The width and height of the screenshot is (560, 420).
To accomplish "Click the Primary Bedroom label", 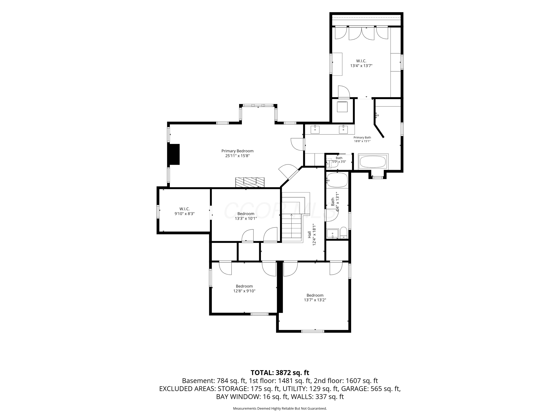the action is pos(237,151).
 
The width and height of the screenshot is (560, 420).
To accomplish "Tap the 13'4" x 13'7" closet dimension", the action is pos(361,66).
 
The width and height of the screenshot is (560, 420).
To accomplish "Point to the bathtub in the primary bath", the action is pos(373,161).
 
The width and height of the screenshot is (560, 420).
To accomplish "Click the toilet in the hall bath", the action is pos(343,233).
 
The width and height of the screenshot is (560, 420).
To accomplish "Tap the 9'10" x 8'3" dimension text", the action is pos(185,214).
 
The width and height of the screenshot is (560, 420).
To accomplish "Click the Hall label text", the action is pos(309,234).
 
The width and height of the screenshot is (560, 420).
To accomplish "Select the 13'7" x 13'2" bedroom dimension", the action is pos(315,300).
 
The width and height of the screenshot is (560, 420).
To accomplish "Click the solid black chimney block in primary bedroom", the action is pos(174,154).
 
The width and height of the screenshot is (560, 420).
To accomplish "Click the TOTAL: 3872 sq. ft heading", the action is pos(280,373).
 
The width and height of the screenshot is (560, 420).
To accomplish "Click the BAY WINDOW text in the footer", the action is pos(238,397).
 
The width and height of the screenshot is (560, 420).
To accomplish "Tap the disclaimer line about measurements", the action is pos(280,408).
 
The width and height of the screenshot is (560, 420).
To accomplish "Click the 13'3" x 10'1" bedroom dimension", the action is pos(246,218).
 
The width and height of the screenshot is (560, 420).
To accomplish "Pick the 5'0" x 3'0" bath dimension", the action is pos(339,161).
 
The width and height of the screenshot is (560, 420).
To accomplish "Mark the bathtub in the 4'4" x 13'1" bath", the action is pos(337,180).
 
